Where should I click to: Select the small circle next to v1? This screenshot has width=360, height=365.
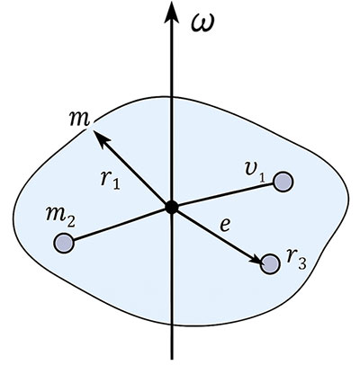pos(283,182)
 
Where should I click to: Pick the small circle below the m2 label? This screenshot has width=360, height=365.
pos(63,242)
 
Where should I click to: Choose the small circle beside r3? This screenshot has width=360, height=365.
pos(268,263)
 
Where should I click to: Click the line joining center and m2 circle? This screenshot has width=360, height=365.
pos(117,225)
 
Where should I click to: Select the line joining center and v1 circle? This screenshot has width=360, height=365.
pos(225,194)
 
